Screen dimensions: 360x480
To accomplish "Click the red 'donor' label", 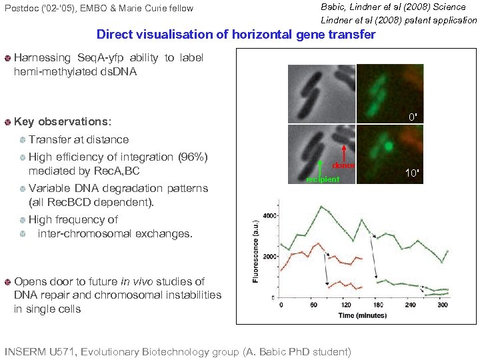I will (343, 165).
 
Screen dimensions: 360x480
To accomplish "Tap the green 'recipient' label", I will (323, 179).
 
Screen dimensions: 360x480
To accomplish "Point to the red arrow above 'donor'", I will (343, 152).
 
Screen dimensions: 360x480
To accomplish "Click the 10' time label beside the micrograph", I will (413, 173).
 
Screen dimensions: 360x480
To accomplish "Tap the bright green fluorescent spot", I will (387, 143).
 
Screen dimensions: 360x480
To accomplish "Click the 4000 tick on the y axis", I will (269, 216).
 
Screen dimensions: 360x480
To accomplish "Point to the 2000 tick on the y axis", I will (269, 257).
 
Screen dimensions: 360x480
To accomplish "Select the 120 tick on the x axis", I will (347, 305).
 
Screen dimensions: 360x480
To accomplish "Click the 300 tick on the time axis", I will (443, 305).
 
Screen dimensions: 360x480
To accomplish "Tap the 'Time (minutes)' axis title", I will (365, 315).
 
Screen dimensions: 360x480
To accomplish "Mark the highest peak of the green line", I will (323, 207).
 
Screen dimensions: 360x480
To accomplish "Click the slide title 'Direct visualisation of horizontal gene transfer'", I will (236, 34).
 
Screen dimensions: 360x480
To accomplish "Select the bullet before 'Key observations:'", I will (7, 123).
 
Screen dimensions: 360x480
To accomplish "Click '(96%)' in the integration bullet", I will (194, 157).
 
